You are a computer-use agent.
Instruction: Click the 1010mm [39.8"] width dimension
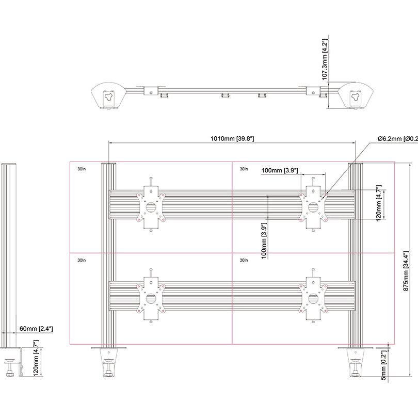pos(232,138)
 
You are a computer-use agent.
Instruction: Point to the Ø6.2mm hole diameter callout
pos(397,138)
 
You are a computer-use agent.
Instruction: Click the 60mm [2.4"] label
pos(36,328)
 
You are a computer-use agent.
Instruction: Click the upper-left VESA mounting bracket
pos(151,207)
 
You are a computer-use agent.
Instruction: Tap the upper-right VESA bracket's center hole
pos(313,207)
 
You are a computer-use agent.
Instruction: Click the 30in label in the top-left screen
pos(81,169)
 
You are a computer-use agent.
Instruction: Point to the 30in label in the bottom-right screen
pos(244,261)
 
